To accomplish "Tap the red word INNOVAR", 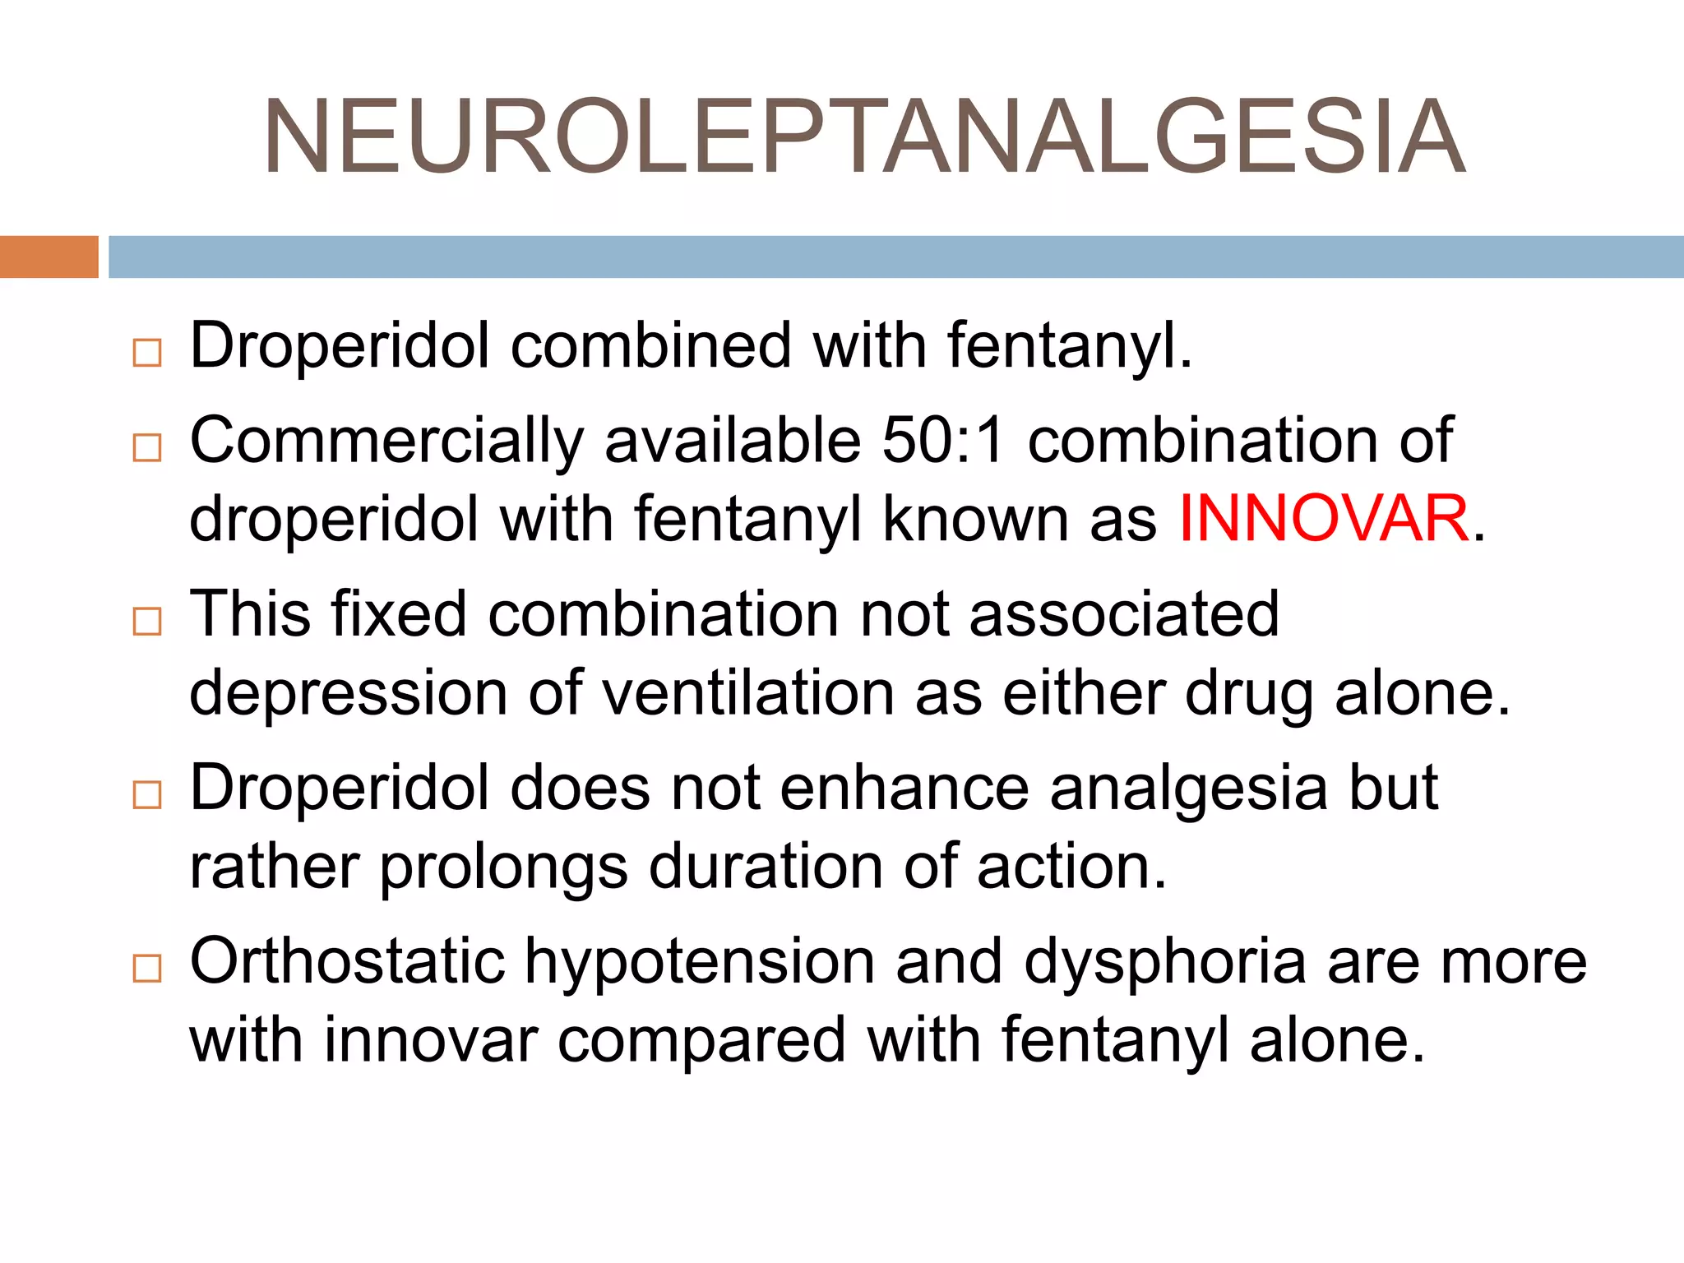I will [x=1323, y=519].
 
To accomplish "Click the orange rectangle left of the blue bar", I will [x=49, y=257].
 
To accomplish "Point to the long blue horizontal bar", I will [x=895, y=257].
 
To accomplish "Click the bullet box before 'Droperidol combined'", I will [x=147, y=353].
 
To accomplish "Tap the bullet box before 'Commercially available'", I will [x=147, y=448].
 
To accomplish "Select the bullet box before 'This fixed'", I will [x=147, y=622].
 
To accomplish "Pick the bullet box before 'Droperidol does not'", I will [x=147, y=795].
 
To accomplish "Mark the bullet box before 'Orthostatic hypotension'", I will [x=147, y=969].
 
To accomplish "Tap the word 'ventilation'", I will [x=748, y=693].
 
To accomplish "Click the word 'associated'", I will [x=1124, y=614].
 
